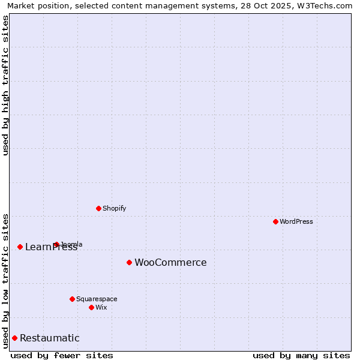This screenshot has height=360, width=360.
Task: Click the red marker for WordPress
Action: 275,221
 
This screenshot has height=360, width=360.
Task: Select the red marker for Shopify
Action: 98,208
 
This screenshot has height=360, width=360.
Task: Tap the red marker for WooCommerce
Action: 129,262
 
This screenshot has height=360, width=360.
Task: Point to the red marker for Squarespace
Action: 72,299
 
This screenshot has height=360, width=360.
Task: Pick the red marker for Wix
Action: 91,307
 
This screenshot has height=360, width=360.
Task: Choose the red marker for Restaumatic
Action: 14,338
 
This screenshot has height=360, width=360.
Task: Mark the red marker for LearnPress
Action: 20,247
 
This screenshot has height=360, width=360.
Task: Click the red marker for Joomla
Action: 56,244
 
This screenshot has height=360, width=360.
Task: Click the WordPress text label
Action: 296,221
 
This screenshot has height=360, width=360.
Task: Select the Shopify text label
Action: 114,208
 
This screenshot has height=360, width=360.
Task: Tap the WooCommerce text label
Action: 170,262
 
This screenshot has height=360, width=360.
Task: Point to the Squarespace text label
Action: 97,299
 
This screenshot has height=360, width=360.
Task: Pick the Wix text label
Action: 101,307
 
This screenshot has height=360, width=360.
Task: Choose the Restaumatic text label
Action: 49,338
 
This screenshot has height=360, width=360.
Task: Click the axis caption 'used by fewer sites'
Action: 62,355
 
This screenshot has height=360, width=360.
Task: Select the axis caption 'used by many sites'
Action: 301,355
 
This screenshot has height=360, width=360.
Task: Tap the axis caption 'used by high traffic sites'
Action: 5,85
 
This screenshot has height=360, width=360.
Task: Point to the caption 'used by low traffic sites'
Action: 5,280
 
